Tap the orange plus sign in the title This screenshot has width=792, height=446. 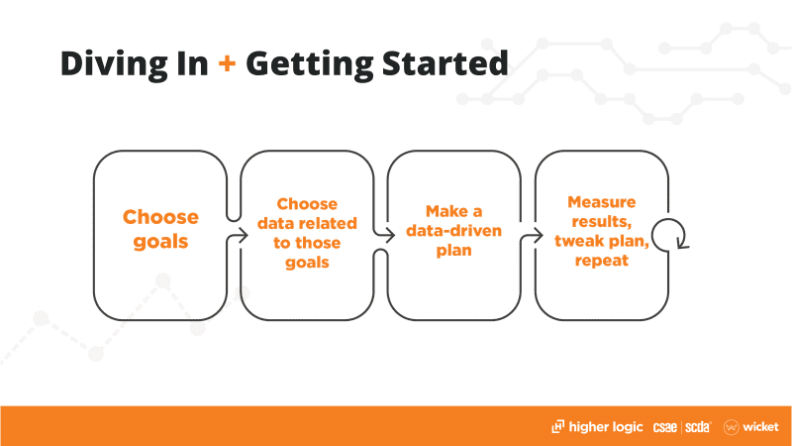pos(227,63)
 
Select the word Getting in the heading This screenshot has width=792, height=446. pos(310,64)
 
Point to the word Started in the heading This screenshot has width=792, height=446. pos(445,63)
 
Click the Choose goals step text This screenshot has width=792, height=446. pos(160,229)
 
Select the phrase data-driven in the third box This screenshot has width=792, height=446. pos(453,231)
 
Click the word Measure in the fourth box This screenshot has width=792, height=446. pos(602,202)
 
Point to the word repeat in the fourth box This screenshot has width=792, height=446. pos(602,261)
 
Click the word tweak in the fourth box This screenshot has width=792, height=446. pos(576,241)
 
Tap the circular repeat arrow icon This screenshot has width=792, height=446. pos(670,234)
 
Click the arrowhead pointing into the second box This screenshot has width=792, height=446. pos(244,235)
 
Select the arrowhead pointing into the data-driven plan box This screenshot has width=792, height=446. pos(390,235)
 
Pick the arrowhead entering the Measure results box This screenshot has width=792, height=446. pos(538,235)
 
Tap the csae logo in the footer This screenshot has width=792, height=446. pos(664,427)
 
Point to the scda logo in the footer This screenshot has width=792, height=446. pos(698,427)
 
